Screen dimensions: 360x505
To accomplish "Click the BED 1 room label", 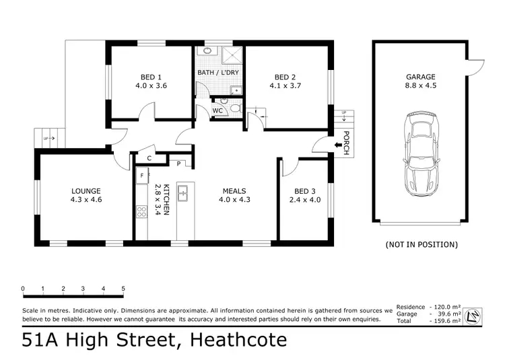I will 150,77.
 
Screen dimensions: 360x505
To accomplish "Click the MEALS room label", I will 234,190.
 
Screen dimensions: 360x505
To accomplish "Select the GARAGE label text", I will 421,77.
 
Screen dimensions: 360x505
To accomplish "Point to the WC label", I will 218,110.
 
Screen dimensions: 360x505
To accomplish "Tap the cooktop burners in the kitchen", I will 142,212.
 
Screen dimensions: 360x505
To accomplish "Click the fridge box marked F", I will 142,176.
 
